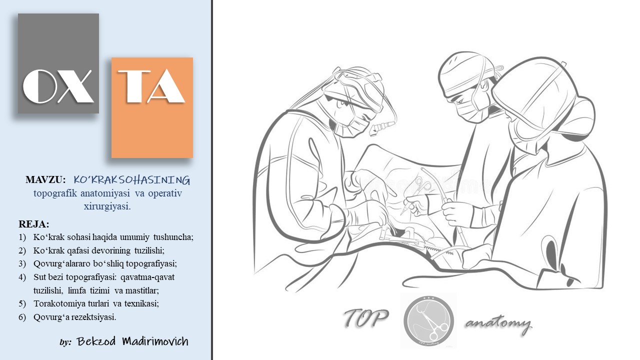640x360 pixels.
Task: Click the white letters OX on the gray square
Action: coord(58,86)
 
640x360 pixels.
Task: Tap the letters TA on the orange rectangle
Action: coord(151,86)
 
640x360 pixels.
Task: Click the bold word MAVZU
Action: coord(45,179)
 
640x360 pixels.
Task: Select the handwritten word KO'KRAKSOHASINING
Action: coord(131,180)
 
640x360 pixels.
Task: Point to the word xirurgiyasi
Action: coord(107,206)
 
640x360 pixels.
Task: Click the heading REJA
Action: coord(33,224)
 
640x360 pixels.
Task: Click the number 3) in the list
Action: coord(22,263)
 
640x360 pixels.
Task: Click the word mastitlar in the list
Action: coord(142,290)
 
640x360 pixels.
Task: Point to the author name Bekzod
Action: coord(96,341)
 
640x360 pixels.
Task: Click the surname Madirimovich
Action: coord(155,341)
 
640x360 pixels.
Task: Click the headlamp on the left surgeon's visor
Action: coord(381,127)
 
